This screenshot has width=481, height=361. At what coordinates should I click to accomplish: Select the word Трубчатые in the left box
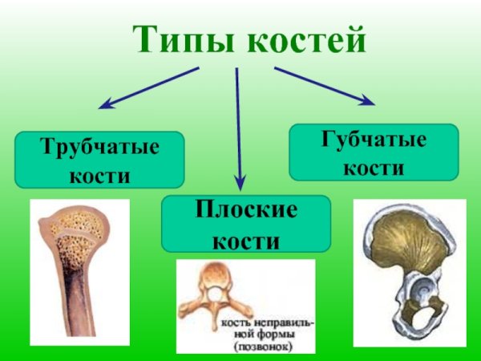pyautogui.click(x=100, y=148)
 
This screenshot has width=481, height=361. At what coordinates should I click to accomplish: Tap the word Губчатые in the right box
pyautogui.click(x=374, y=141)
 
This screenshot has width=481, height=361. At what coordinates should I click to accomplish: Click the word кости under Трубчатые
pyautogui.click(x=100, y=174)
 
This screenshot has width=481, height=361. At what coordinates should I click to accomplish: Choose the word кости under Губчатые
pyautogui.click(x=374, y=167)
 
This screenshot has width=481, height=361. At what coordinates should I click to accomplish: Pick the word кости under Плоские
pyautogui.click(x=245, y=238)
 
